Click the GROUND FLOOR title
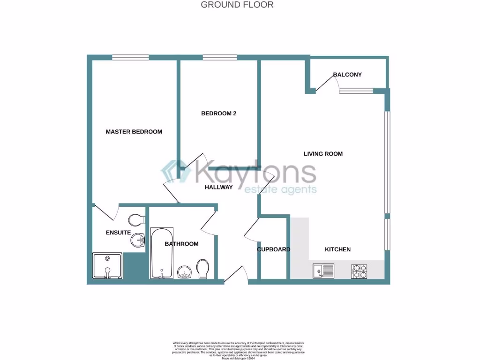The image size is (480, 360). pos(237,5)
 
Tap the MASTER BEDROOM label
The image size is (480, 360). pos(134,132)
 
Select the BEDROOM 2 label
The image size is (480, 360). pos(218,113)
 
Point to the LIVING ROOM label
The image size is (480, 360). pos(323,154)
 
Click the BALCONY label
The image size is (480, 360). pos(347,75)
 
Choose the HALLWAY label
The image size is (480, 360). pos(218,187)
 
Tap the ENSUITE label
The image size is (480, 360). pos(118,232)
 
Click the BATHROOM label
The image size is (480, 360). pos(181,244)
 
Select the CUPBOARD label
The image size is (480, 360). pos(274,249)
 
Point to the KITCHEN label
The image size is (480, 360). pos(337,249)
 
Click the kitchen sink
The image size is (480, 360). pos(323,270)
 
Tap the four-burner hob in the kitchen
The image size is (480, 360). pos(359,270)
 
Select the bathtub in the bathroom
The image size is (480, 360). pos(162,253)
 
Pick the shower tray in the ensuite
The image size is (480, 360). pos(107,266)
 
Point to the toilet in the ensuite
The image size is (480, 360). pos(137,220)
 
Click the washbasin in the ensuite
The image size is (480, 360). pos(138,240)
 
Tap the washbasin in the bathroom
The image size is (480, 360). pos(184,272)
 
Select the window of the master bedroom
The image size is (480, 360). pos(130,58)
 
